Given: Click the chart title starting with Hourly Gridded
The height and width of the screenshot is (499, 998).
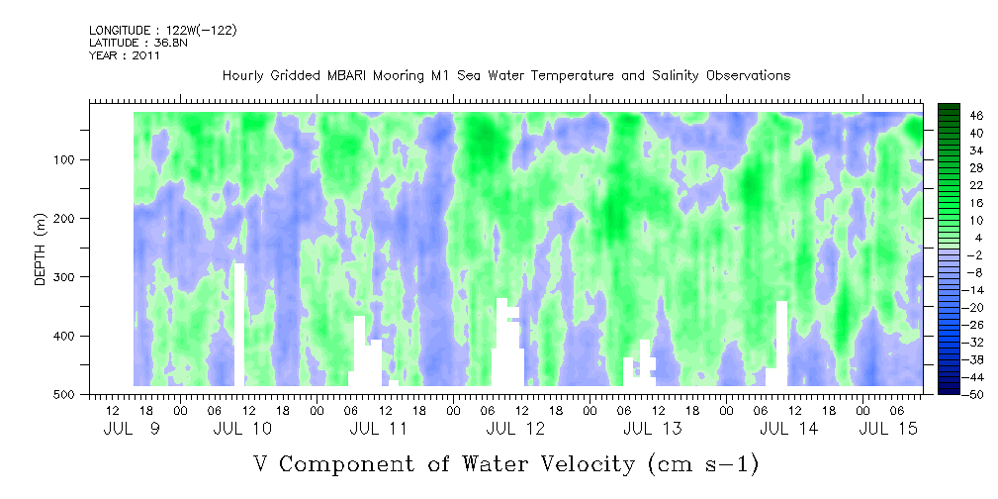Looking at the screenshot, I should (x=505, y=75).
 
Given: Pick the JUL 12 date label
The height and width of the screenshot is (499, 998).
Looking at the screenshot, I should (x=516, y=429).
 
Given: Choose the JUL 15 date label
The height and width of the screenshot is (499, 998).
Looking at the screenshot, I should (x=887, y=429).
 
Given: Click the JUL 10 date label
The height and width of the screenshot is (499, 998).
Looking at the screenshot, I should (x=242, y=429).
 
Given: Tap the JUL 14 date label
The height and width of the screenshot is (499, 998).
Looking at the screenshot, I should (x=789, y=429).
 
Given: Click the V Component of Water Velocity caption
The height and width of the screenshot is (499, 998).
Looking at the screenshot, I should (x=505, y=463).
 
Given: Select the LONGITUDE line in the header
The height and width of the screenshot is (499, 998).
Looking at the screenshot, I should (x=162, y=31).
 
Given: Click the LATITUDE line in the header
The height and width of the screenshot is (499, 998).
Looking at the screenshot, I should (x=124, y=43).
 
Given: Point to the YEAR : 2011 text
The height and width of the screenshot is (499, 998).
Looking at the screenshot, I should (x=124, y=55).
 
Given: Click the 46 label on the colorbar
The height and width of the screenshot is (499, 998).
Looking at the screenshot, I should (x=976, y=116).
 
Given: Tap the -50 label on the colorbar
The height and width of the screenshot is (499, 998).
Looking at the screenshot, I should (x=974, y=393).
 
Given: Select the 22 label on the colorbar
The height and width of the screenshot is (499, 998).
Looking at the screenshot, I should (x=976, y=185).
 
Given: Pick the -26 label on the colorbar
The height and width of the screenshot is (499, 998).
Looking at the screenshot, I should (x=974, y=324).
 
